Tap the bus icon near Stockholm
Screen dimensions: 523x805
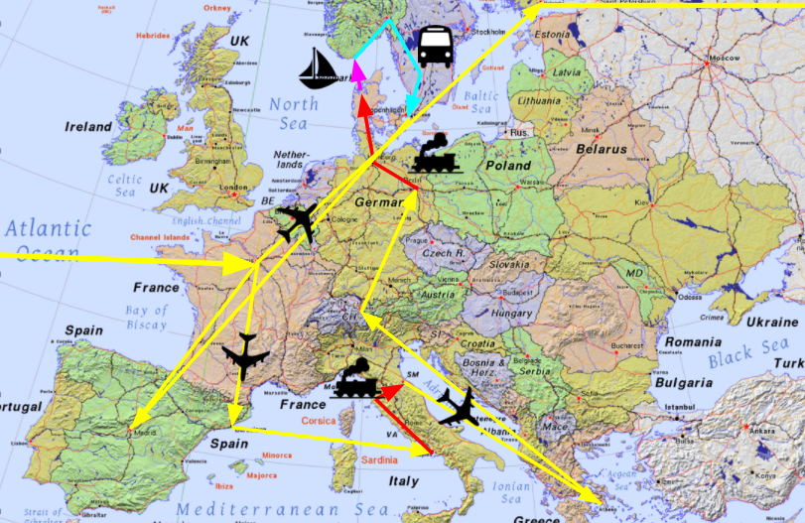435,46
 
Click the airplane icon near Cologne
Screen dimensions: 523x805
299,222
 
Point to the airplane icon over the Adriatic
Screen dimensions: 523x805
460,406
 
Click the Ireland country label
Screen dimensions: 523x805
88,127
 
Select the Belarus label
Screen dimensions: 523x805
602,149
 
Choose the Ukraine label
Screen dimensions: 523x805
771,323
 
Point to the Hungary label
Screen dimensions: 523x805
512,314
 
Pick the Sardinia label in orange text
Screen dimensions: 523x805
378,459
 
